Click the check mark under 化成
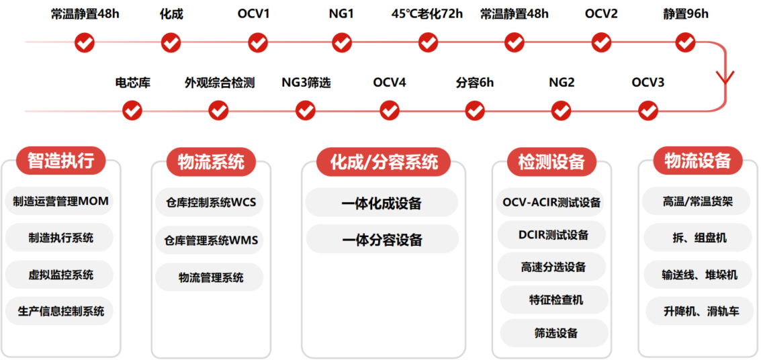171,43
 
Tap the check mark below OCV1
258,43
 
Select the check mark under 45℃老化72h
428,43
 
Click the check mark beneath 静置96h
685,43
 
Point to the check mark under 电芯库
132,110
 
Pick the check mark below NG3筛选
306,110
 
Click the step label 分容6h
474,83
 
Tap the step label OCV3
647,83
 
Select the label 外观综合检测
220,83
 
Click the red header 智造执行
60,161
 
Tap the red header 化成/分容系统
384,162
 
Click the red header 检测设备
551,162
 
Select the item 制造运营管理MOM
60,201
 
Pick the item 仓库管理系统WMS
211,240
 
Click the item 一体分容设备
382,240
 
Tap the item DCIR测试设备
553,235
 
